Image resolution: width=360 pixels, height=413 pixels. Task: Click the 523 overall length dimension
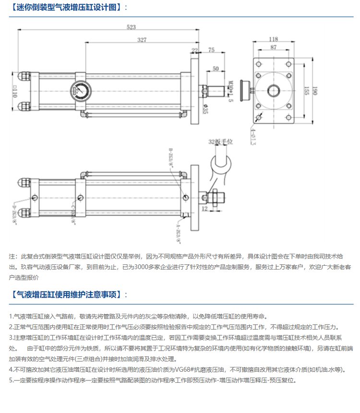click(x=131, y=28)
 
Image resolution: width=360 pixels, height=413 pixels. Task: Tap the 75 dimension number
click(x=212, y=50)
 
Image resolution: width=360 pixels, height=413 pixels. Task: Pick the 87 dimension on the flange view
click(x=273, y=47)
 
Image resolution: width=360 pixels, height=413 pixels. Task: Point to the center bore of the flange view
click(x=273, y=90)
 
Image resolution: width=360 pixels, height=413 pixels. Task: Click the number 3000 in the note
click(x=144, y=267)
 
